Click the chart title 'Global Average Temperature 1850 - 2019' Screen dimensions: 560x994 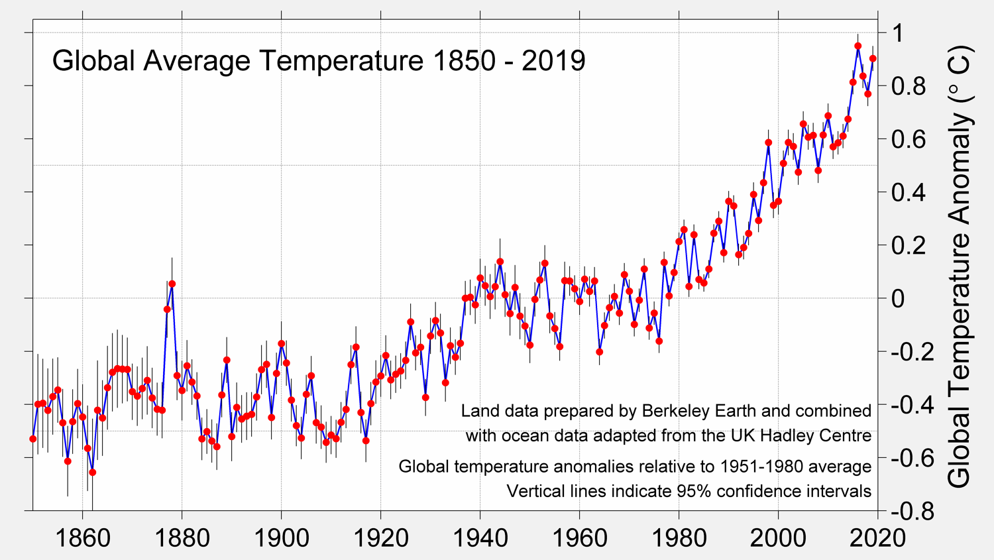coord(319,61)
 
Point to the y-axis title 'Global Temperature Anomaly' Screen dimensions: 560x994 coord(958,265)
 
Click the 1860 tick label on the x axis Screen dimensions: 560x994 coord(83,537)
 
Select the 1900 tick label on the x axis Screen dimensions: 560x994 coord(282,537)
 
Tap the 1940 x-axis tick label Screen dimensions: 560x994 coord(480,537)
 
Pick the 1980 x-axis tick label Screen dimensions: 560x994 coord(679,537)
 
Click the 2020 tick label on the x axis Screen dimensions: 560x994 coord(877,537)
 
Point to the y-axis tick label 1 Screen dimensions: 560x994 coord(897,33)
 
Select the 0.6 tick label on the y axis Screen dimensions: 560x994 coord(907,139)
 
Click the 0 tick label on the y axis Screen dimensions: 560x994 coord(897,298)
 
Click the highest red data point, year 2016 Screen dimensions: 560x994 coord(857,46)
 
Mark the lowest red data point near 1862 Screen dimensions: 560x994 coord(93,473)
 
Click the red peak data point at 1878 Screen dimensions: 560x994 coord(172,284)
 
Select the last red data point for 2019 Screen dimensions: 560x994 coord(873,59)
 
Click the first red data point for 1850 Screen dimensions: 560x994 coord(33,439)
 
